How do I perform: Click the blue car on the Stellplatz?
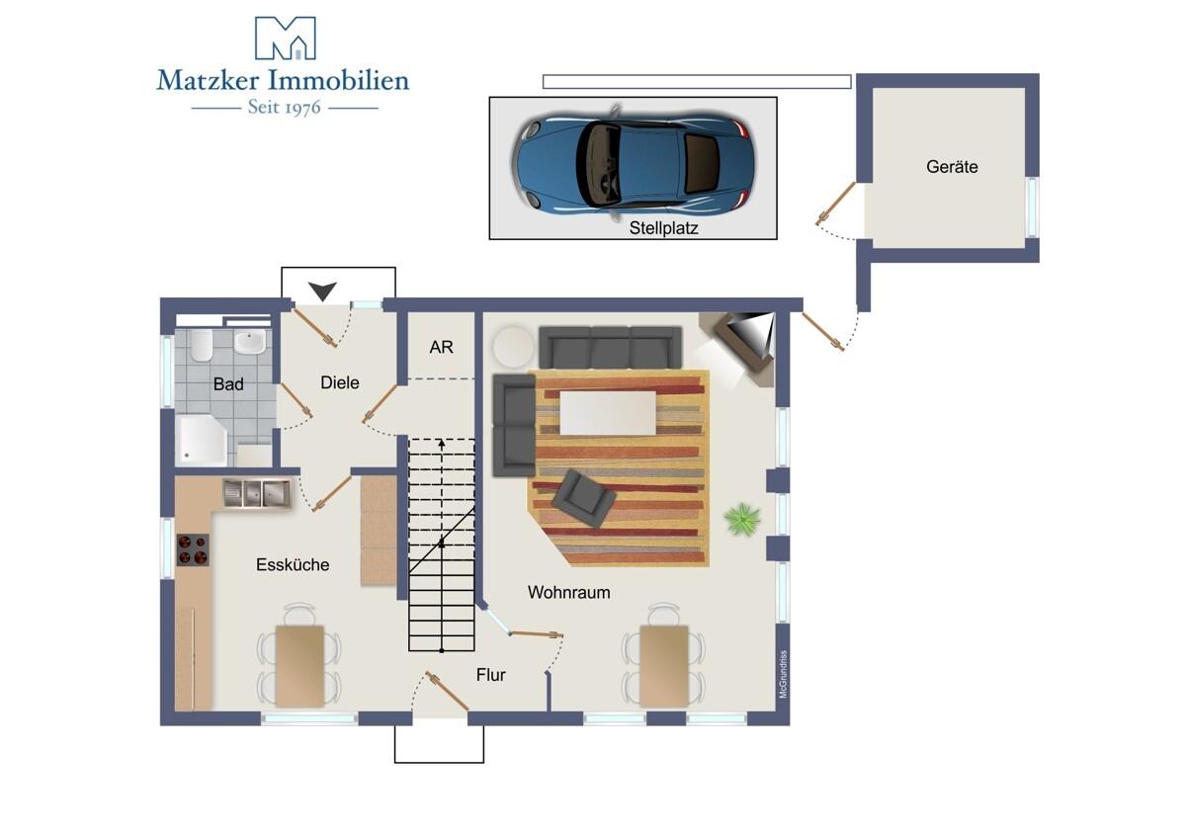pyautogui.click(x=634, y=162)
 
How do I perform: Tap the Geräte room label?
pyautogui.click(x=952, y=167)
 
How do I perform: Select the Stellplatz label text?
pyautogui.click(x=663, y=228)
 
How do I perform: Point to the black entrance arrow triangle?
pyautogui.click(x=322, y=291)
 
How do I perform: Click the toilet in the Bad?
pyautogui.click(x=202, y=345)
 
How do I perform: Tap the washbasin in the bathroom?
pyautogui.click(x=250, y=342)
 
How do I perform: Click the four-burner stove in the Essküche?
pyautogui.click(x=193, y=549)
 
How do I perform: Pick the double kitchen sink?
pyautogui.click(x=257, y=494)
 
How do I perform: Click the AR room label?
pyautogui.click(x=441, y=347)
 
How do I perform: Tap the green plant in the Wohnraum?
pyautogui.click(x=742, y=519)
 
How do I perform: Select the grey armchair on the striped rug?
pyautogui.click(x=583, y=498)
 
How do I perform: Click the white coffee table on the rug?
pyautogui.click(x=608, y=413)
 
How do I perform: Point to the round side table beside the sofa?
pyautogui.click(x=513, y=347)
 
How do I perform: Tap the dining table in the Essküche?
pyautogui.click(x=299, y=666)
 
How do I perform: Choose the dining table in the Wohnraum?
pyautogui.click(x=664, y=666)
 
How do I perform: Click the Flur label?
pyautogui.click(x=491, y=675)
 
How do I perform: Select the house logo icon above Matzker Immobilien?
pyautogui.click(x=286, y=39)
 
